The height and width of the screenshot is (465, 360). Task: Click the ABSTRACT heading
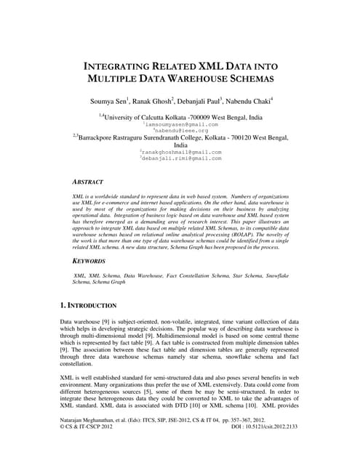click(87, 182)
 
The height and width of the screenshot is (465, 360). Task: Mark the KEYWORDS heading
click(89, 260)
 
